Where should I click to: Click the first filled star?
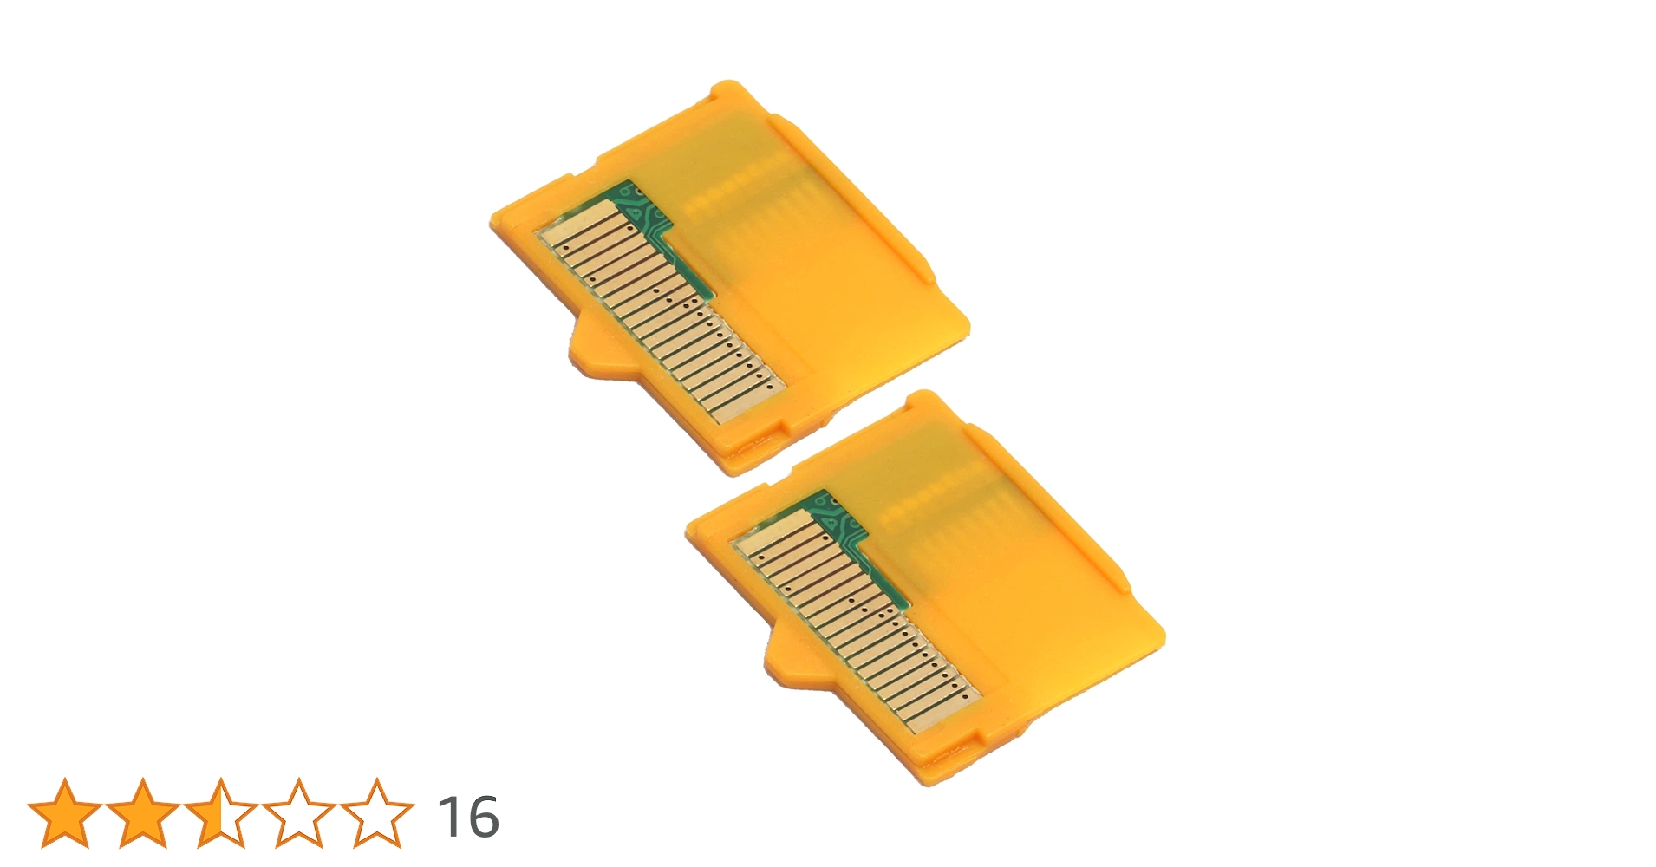coord(64,813)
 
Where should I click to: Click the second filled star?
coord(142,813)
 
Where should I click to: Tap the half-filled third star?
coord(220,813)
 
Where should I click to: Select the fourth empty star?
coord(298,813)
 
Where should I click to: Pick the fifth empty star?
coord(376,813)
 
